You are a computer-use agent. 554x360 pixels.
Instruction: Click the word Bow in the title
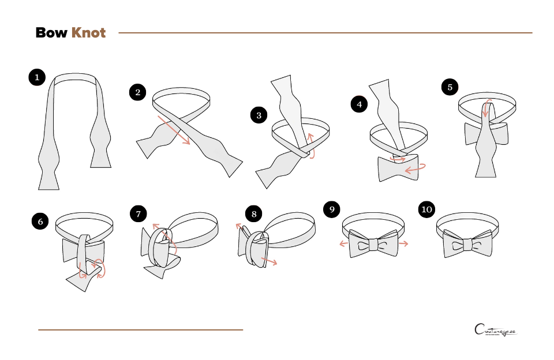click(51, 33)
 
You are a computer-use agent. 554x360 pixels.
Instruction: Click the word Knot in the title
click(88, 33)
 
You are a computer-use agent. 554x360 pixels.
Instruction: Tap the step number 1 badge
click(37, 77)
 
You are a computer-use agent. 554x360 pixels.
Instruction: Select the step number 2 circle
click(137, 92)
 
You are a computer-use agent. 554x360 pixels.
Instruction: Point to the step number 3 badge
click(259, 115)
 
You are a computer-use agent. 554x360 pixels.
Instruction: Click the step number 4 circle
click(360, 104)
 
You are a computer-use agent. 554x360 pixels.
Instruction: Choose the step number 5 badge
click(450, 87)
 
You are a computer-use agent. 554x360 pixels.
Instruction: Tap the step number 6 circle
click(40, 221)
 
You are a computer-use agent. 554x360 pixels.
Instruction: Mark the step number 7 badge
click(138, 214)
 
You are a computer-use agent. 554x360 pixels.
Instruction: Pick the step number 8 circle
click(253, 214)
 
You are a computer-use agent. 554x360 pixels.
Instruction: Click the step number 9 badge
click(331, 209)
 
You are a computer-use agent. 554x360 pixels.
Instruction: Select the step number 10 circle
click(426, 209)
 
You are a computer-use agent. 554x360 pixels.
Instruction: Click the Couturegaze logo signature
click(495, 331)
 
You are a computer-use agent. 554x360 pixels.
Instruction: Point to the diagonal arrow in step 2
click(174, 130)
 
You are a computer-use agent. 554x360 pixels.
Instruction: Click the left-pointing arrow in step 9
click(344, 243)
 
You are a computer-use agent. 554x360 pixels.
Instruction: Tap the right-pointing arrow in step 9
click(403, 243)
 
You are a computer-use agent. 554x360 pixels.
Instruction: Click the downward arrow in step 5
click(486, 109)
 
